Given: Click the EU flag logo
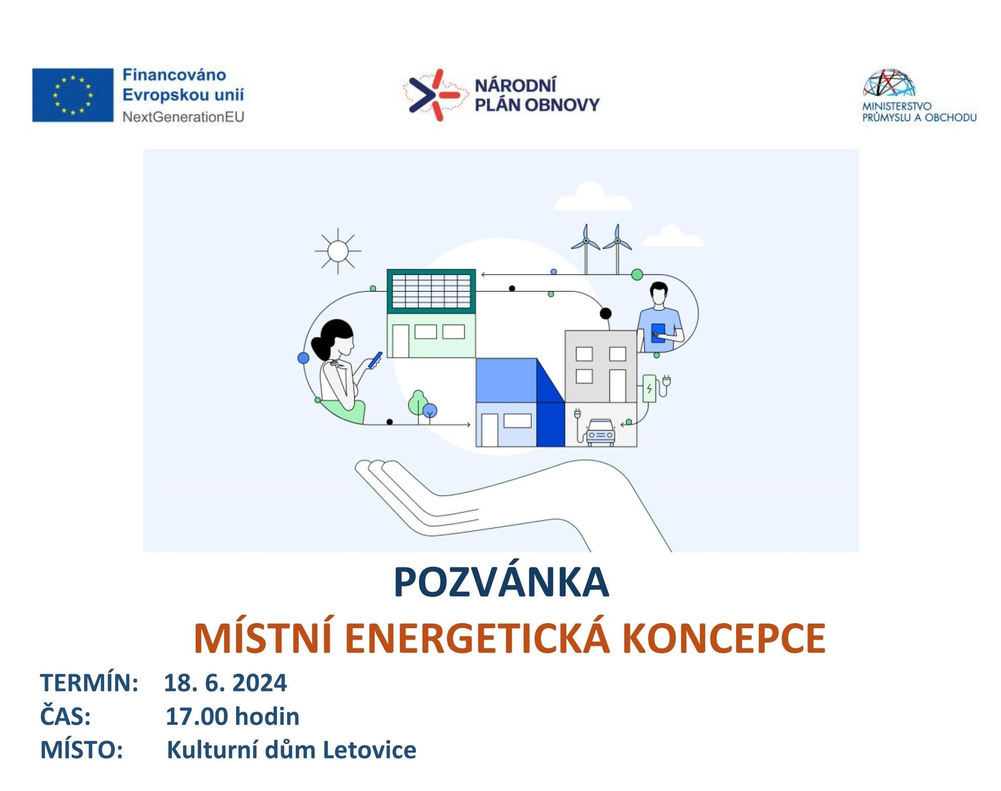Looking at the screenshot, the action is (73, 95).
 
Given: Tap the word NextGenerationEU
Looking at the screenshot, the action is (184, 117).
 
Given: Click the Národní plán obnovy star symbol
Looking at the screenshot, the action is (434, 95).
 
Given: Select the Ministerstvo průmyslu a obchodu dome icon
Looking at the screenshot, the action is (889, 82).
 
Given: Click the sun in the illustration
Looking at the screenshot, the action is (338, 251).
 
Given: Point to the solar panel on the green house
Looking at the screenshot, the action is (431, 291).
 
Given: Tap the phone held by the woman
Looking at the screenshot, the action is (376, 360).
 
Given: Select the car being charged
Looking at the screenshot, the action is (601, 432).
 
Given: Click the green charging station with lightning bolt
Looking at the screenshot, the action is (649, 388).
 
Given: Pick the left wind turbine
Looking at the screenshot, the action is (586, 248).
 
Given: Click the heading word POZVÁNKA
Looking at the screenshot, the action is (501, 583).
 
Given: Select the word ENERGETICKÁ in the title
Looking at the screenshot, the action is (478, 638).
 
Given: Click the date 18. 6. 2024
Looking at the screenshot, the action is (225, 683).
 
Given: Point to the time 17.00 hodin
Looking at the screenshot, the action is (233, 717).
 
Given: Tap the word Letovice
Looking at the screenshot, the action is (370, 750).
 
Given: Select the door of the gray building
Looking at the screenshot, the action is (618, 386).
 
